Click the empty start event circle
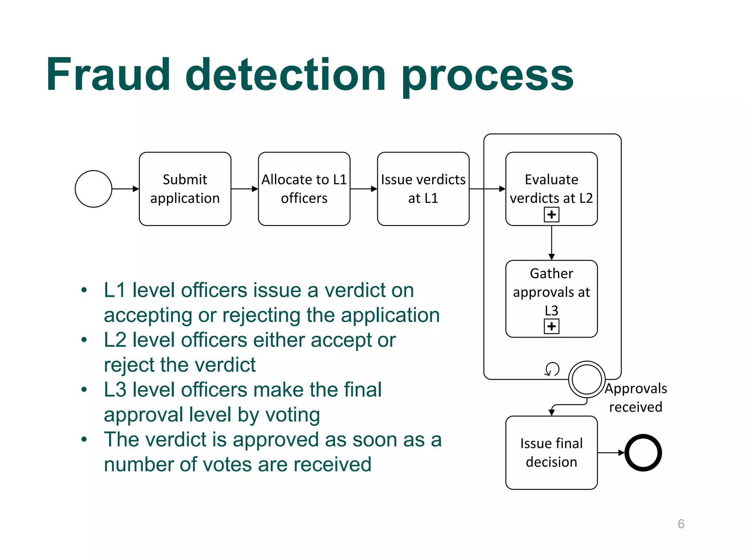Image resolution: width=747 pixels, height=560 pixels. pyautogui.click(x=93, y=189)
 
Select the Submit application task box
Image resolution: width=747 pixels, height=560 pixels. pyautogui.click(x=185, y=189)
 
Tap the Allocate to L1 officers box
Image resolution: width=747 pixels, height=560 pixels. pyautogui.click(x=304, y=189)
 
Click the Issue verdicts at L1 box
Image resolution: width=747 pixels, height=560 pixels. pyautogui.click(x=423, y=189)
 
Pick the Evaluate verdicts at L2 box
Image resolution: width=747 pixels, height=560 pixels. pyautogui.click(x=551, y=182)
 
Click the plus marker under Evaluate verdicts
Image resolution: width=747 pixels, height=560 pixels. pyautogui.click(x=551, y=215)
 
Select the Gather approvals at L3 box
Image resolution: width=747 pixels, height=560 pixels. pyautogui.click(x=551, y=292)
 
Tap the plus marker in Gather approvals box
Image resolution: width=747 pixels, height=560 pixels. pyautogui.click(x=551, y=326)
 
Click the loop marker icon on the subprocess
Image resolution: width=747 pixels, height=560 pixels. pyautogui.click(x=552, y=369)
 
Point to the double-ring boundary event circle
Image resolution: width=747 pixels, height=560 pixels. pyautogui.click(x=587, y=380)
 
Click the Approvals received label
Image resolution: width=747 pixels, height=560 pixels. pyautogui.click(x=636, y=398)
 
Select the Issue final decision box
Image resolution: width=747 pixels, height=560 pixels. pyautogui.click(x=551, y=452)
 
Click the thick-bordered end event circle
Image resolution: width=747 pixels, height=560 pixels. pyautogui.click(x=643, y=453)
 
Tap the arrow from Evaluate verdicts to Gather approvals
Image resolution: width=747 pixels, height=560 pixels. pyautogui.click(x=551, y=243)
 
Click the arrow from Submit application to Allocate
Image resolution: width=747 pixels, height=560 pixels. pyautogui.click(x=244, y=189)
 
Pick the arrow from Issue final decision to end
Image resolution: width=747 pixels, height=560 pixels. pyautogui.click(x=611, y=453)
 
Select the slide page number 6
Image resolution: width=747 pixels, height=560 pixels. pyautogui.click(x=681, y=524)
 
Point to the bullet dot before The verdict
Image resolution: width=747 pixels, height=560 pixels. pyautogui.click(x=84, y=439)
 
